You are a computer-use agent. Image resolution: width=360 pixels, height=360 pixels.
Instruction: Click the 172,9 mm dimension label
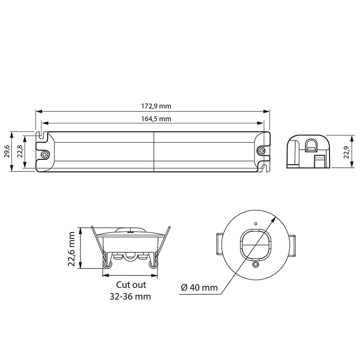(x=156, y=106)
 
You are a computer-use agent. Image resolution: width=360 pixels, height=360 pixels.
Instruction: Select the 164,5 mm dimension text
(x=156, y=119)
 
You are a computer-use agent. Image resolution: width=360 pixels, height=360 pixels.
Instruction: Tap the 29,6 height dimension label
(x=6, y=151)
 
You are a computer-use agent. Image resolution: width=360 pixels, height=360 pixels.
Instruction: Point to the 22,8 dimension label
(x=20, y=151)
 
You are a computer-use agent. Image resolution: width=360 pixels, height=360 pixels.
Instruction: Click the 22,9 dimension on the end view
(x=346, y=152)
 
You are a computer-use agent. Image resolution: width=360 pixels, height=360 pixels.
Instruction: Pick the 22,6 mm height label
(x=72, y=249)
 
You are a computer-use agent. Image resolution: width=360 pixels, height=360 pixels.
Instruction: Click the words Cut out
(x=131, y=285)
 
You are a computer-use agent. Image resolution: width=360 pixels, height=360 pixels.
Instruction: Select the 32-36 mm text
(x=130, y=296)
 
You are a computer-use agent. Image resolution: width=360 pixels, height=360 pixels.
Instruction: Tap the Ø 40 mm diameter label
(x=199, y=287)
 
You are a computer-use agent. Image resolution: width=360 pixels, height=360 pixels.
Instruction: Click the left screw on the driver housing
(x=45, y=154)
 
